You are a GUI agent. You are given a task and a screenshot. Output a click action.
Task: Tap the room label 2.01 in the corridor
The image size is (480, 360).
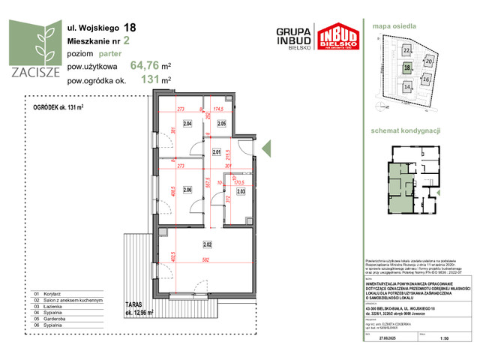tap(217, 152)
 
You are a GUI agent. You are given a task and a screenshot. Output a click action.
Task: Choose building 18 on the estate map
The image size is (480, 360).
tap(406, 67)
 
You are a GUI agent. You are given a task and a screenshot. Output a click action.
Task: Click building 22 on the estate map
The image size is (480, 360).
tap(406, 50)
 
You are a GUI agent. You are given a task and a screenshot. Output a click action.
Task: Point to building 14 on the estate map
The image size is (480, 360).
tap(407, 87)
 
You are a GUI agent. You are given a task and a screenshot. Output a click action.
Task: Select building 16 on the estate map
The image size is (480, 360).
tap(426, 79)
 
